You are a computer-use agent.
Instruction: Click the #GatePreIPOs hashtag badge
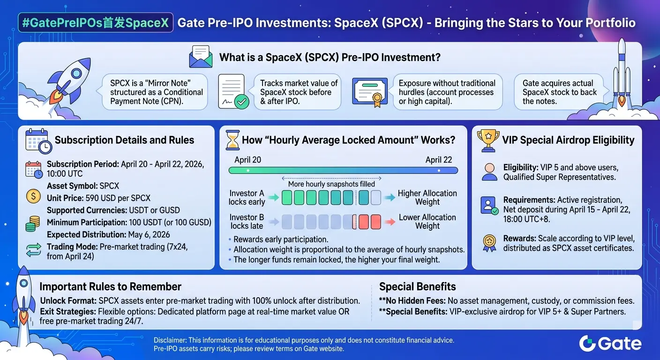[96, 22]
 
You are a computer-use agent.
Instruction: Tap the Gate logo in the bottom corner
[610, 344]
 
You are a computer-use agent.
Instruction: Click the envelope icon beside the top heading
[201, 57]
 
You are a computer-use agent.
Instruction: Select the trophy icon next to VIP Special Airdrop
[488, 141]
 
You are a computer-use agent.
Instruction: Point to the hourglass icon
[232, 140]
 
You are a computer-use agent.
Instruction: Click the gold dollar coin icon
[33, 196]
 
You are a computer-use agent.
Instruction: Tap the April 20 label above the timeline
[247, 160]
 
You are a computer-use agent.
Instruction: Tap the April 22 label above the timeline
[438, 160]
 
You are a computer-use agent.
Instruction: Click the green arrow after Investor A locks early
[274, 197]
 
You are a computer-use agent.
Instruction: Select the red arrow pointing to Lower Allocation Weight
[390, 222]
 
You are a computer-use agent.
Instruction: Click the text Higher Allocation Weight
[427, 197]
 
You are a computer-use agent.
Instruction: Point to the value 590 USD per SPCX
[118, 198]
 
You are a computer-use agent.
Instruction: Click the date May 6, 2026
[149, 234]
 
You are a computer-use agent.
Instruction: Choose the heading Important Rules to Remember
[110, 287]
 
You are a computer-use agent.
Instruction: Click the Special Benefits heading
[417, 287]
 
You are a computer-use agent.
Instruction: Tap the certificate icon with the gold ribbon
[370, 92]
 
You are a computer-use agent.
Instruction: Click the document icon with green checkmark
[233, 91]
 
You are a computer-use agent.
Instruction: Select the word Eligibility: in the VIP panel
[521, 167]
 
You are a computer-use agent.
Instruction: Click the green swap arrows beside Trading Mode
[34, 250]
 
